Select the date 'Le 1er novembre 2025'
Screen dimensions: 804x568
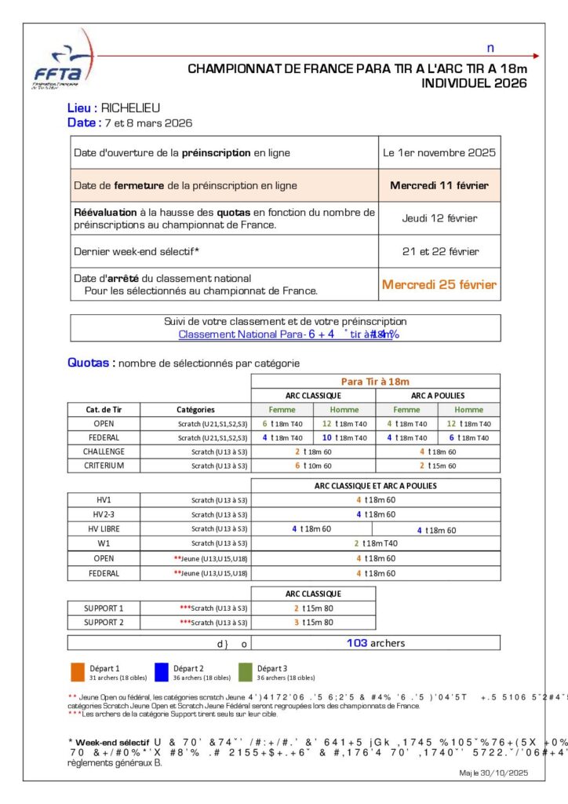click(439, 153)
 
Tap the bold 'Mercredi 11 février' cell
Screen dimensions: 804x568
click(439, 186)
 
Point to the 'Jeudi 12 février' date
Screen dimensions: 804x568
click(439, 218)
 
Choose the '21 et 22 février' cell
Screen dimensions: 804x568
click(439, 251)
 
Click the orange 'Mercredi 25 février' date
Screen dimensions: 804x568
click(439, 285)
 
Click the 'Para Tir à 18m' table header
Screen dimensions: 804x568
click(375, 382)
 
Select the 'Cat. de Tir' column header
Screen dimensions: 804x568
click(104, 410)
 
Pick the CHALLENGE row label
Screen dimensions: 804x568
click(104, 451)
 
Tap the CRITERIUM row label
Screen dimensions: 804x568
click(104, 466)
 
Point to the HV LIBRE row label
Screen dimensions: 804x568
click(104, 529)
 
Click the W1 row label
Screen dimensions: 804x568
click(104, 543)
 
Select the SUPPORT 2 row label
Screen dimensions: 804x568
click(104, 623)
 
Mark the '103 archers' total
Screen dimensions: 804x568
click(376, 643)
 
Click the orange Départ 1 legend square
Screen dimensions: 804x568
click(77, 672)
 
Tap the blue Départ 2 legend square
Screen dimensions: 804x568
click(162, 672)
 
